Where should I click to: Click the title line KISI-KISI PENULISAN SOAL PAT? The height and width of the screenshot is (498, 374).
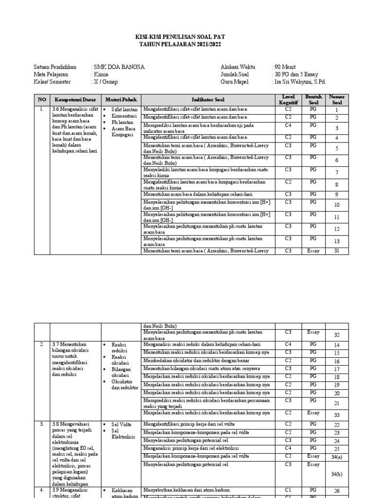tap(187, 36)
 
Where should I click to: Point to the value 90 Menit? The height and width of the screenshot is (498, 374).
tap(284, 67)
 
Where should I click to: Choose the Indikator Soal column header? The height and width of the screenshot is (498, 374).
tap(208, 99)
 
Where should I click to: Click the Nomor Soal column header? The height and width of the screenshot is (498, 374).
tap(337, 100)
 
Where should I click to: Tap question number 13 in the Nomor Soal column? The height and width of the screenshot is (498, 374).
tap(337, 242)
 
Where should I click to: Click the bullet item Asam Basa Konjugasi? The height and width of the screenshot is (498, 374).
tap(124, 132)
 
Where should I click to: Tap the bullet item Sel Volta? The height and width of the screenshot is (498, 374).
tap(122, 424)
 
